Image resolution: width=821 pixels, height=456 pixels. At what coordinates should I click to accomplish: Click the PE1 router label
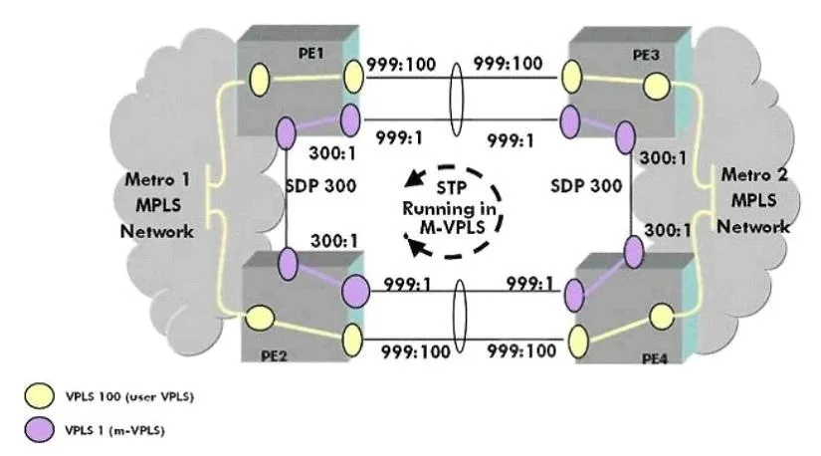310,53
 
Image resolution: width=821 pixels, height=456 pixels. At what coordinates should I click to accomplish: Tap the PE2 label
274,355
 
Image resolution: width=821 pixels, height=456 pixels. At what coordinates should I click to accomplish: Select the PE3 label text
646,55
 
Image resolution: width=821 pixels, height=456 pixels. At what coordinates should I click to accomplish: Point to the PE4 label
655,359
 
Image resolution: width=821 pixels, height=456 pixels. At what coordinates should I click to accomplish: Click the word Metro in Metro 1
149,180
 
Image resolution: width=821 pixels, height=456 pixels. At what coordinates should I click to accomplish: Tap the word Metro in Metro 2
746,174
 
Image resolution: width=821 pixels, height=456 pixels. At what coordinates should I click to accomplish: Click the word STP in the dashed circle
452,187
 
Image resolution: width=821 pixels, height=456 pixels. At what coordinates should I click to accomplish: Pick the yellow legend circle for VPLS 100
39,395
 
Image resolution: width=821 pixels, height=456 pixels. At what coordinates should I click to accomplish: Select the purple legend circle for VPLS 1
39,430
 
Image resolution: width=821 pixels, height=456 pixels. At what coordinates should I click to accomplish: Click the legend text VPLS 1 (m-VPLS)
114,430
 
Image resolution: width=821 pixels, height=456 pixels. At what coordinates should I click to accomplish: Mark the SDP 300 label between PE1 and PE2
321,185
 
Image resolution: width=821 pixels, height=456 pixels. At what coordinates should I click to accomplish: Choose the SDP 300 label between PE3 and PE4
586,185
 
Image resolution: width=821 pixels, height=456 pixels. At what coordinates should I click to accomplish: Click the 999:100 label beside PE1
401,65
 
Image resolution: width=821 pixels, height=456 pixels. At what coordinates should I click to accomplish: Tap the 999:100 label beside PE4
521,350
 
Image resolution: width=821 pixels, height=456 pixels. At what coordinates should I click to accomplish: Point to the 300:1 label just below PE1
332,153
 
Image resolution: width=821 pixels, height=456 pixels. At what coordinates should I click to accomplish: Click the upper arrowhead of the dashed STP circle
415,178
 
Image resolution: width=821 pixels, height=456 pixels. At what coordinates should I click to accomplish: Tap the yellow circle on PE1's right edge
353,77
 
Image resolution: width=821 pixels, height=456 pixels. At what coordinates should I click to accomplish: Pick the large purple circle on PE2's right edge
355,291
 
